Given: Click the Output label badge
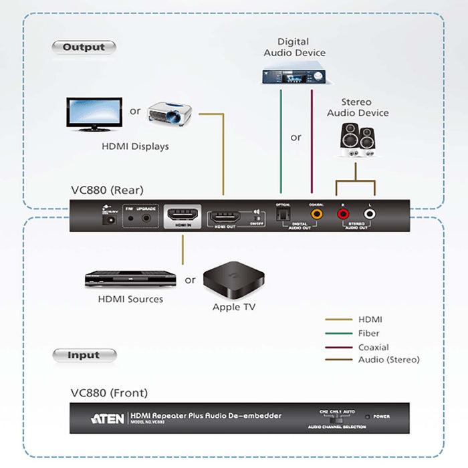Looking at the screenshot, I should (x=84, y=47).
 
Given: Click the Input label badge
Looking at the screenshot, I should (x=84, y=356).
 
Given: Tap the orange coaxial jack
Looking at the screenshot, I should (x=315, y=214).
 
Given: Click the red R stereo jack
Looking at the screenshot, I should (x=344, y=214).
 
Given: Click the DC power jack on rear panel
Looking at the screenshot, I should (x=105, y=216).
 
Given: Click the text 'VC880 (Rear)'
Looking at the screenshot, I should (x=107, y=190).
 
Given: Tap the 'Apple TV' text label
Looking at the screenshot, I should (x=234, y=307).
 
